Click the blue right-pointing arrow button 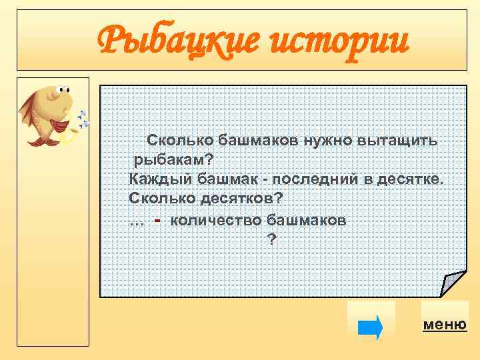click(x=371, y=327)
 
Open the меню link click(x=445, y=325)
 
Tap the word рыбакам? click(x=174, y=160)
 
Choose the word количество click(x=215, y=220)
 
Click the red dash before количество click(x=157, y=219)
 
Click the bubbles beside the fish click(x=83, y=119)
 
